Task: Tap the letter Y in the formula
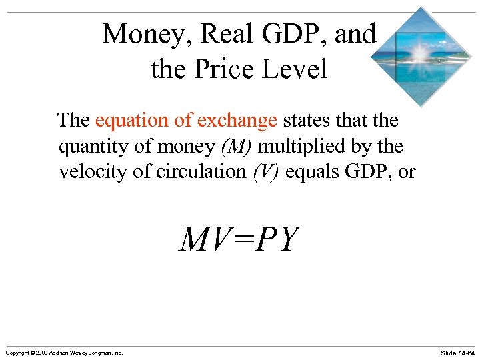287,240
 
